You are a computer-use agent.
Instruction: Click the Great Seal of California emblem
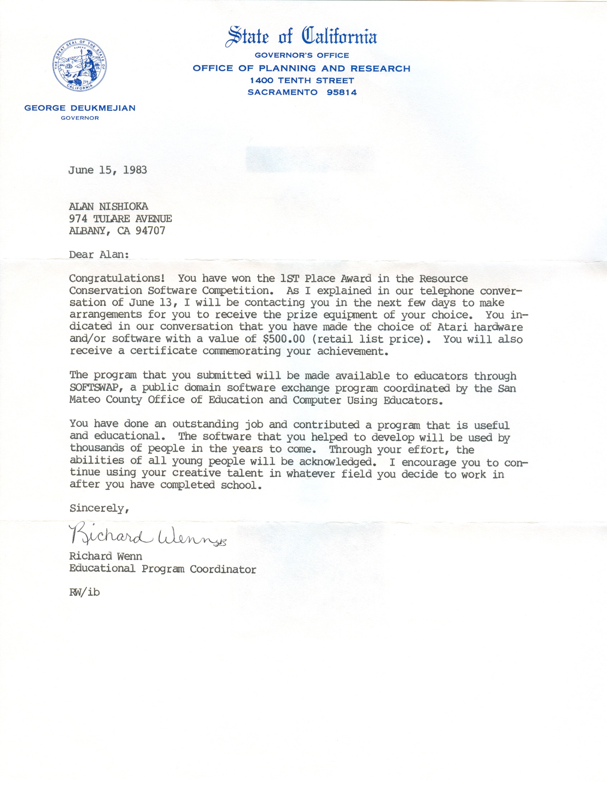coord(79,65)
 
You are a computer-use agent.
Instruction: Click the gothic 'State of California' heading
coord(301,37)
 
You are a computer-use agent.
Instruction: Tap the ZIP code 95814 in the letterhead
coord(342,92)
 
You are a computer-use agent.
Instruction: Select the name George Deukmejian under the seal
coord(80,108)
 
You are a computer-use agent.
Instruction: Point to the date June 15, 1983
coord(108,170)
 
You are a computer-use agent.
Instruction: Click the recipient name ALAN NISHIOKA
coord(109,206)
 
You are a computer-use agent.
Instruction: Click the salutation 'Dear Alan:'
coord(99,254)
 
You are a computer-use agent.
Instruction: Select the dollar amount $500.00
coord(284,339)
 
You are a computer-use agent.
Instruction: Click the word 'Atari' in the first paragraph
coord(452,327)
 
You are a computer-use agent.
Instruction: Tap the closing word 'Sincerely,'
coord(99,508)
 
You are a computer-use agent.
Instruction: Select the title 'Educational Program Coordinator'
coord(163,569)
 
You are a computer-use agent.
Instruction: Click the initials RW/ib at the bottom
coord(84,592)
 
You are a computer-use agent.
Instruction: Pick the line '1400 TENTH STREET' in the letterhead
coord(302,80)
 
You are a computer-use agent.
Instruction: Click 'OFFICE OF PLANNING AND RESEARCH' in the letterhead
coord(301,68)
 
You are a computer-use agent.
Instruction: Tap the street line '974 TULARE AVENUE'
coord(121,218)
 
